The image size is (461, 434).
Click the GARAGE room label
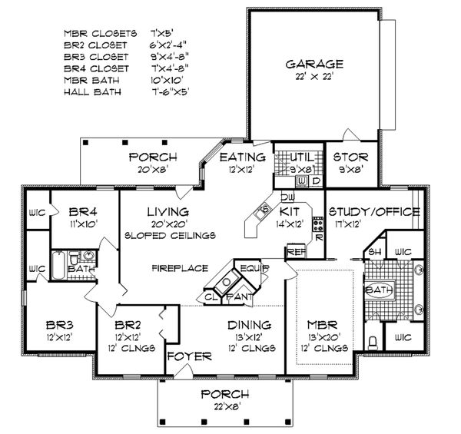315,65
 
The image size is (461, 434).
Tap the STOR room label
341,157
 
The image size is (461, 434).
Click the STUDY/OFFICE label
373,211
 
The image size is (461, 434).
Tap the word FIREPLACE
174,269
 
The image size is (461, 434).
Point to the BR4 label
81,211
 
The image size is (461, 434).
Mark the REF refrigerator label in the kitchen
294,251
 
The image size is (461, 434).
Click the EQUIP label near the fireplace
250,268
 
